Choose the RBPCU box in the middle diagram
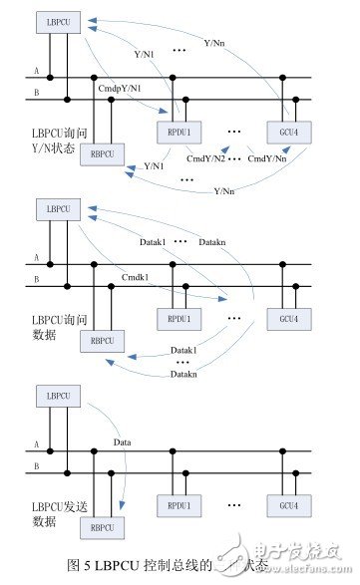100,334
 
